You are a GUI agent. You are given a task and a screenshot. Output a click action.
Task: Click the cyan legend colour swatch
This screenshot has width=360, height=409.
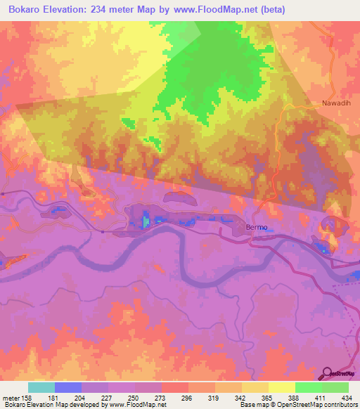tap(41, 387)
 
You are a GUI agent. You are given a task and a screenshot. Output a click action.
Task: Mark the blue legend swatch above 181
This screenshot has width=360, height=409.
tap(68, 387)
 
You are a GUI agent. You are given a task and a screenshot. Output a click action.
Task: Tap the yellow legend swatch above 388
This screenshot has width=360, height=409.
tap(281, 387)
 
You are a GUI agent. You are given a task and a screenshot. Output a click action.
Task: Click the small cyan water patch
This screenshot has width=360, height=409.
tap(146, 222)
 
